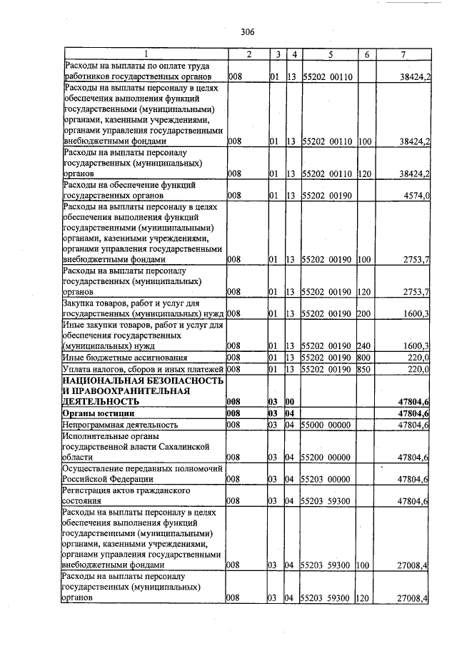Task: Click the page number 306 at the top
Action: point(248,31)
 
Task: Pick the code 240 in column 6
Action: point(364,346)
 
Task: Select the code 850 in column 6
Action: point(364,370)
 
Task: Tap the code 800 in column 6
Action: point(364,358)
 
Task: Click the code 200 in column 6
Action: point(364,313)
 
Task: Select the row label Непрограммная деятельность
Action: point(118,425)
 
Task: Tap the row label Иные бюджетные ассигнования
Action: point(125,358)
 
